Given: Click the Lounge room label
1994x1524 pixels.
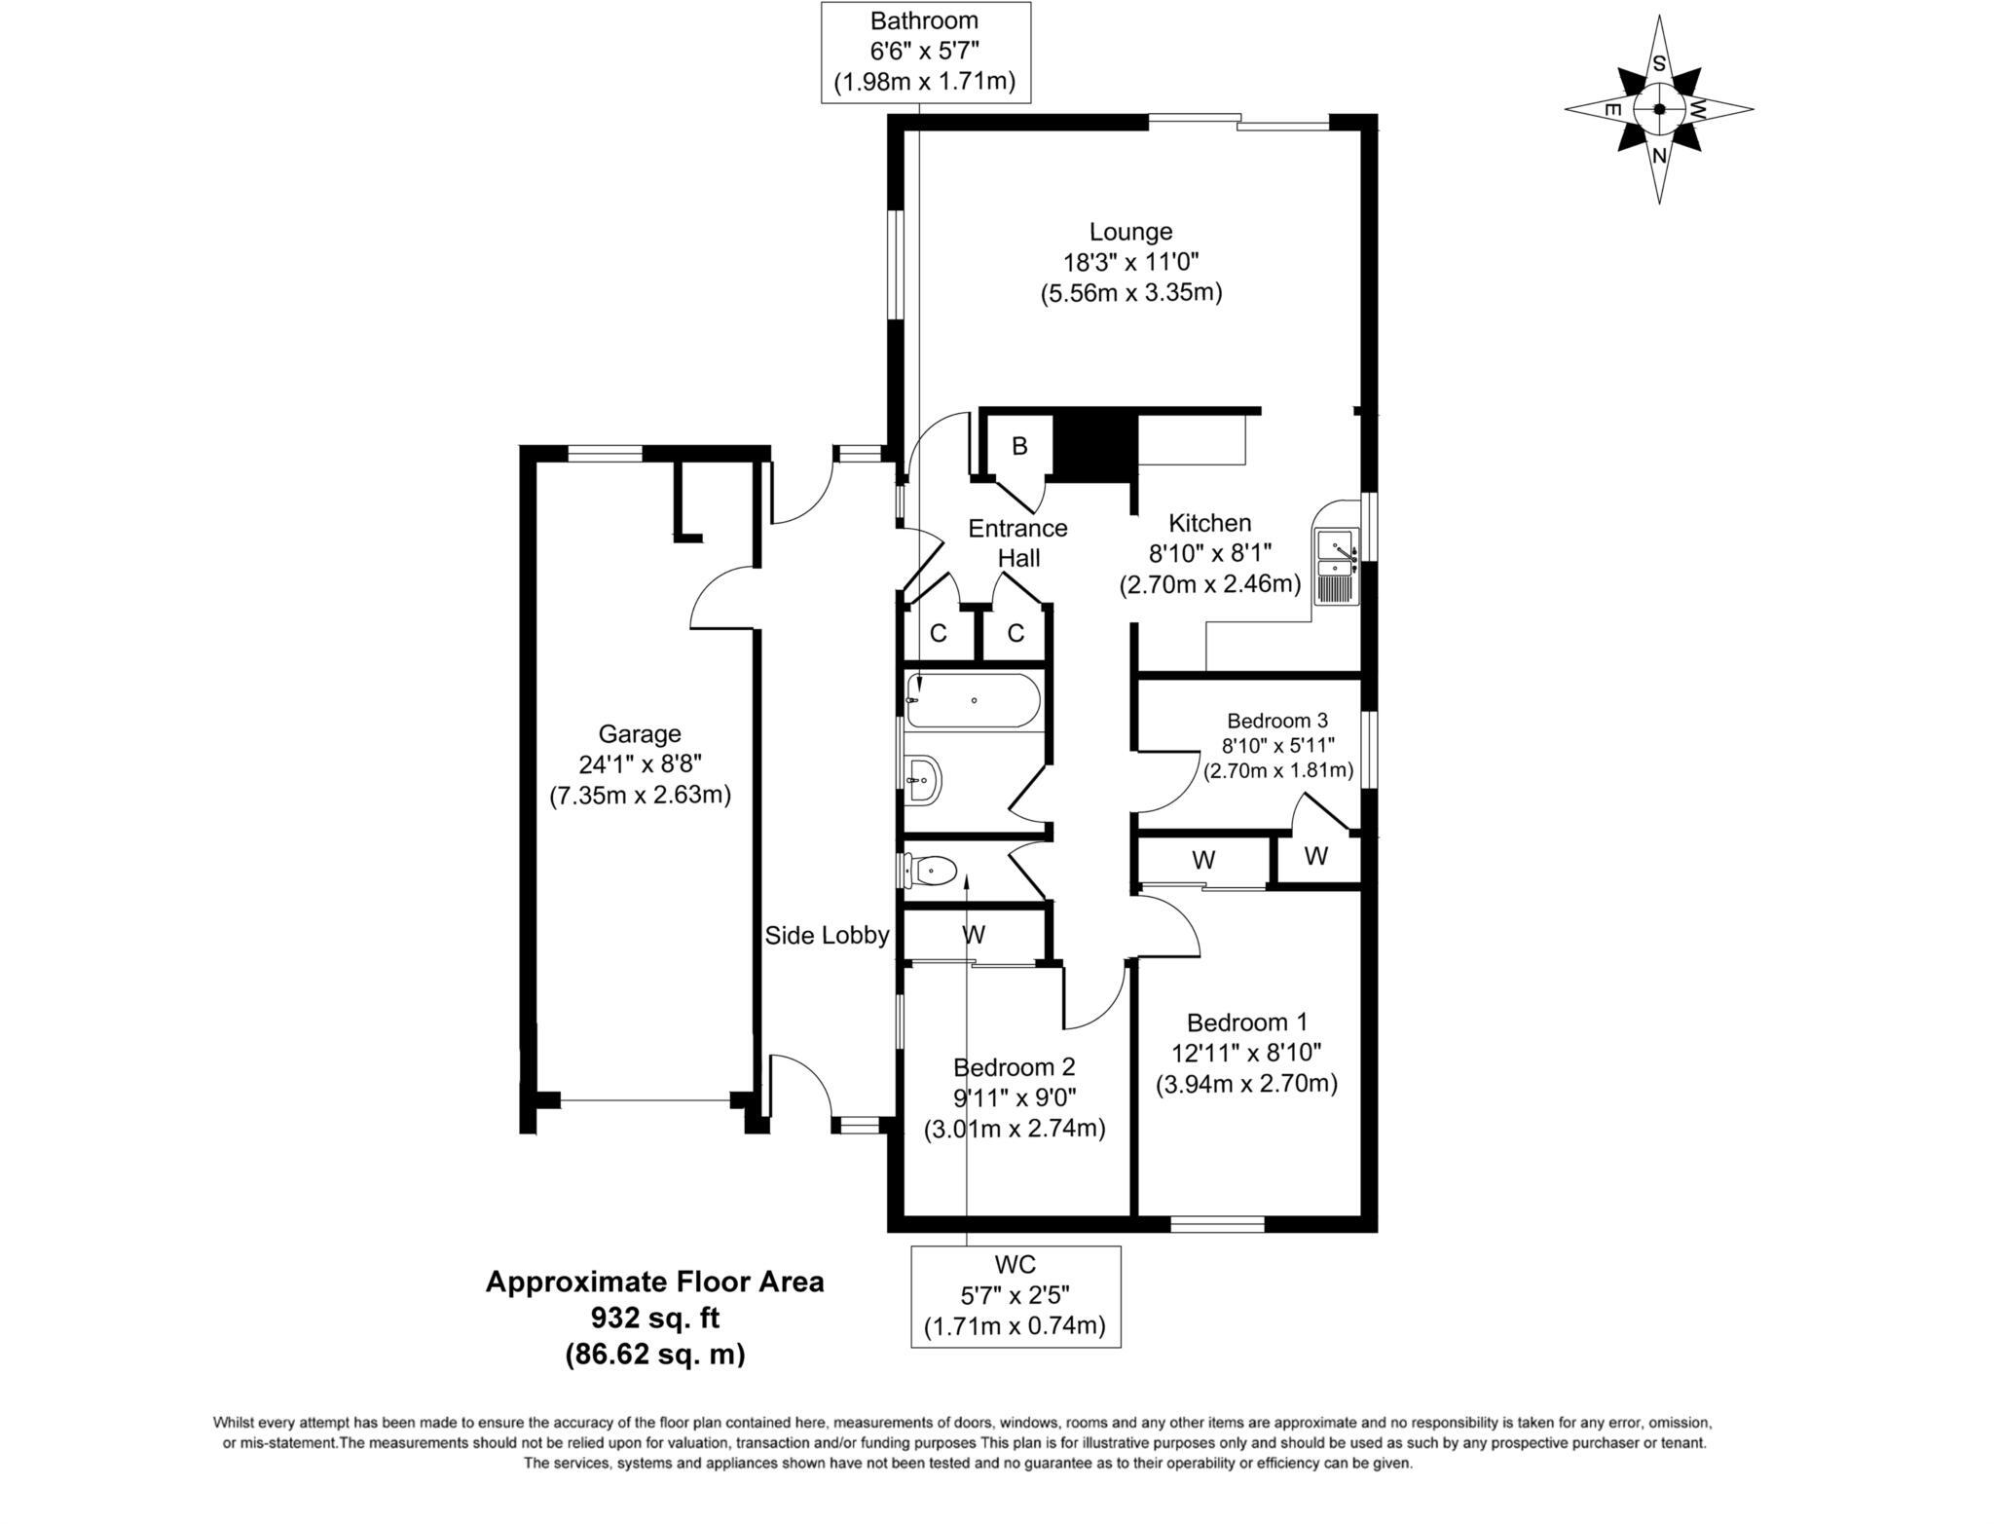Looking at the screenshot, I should point(1130,232).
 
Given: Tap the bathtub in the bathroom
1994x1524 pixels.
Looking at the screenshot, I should point(973,701).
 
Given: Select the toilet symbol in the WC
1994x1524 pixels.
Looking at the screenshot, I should point(932,870).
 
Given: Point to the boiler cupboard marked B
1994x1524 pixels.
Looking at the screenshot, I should point(1019,447).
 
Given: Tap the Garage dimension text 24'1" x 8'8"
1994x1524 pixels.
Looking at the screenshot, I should point(640,764).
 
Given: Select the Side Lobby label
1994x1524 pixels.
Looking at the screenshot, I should point(827,936).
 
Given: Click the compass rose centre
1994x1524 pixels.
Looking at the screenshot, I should point(1659,109).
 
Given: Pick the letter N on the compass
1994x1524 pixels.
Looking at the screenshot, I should point(1660,156).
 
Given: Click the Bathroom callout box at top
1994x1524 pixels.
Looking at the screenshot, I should point(925,52).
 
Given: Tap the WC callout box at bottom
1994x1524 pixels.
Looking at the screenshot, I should point(1015,1296).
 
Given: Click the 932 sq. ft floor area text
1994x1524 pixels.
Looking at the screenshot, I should point(654,1318).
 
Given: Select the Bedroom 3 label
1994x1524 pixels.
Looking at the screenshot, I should point(1277,721).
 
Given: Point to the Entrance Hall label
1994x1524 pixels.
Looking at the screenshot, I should point(1018,542).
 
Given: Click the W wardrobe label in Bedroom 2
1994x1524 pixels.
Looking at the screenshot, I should point(974,935).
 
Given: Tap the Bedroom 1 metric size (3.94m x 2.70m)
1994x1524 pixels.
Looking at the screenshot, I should point(1246,1083).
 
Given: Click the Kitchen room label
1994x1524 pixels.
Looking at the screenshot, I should point(1210,523).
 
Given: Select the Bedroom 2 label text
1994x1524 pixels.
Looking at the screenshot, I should point(1015,1066).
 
